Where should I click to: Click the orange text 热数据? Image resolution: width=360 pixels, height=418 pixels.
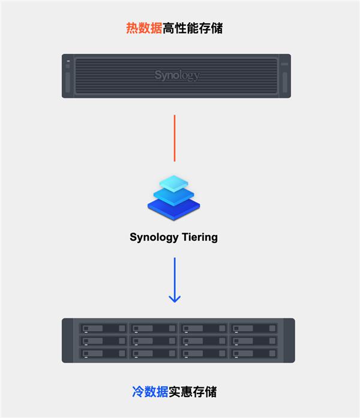coord(144,28)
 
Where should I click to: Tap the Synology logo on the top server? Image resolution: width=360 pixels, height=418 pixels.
coord(176,76)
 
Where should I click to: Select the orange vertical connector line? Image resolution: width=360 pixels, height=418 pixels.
coord(175,138)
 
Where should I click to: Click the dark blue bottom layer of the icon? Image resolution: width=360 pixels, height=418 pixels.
coord(173,208)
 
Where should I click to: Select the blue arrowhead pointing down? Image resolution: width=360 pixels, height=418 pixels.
coord(175,298)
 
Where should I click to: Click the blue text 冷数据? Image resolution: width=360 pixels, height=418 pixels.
coord(150,392)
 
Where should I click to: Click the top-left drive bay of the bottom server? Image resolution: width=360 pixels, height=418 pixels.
coord(103,329)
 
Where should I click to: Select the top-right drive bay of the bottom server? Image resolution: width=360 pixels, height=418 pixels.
coord(254,329)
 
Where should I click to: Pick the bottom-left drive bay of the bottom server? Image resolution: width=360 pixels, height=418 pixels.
coord(103,353)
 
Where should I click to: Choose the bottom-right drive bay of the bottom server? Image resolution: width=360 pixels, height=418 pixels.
coord(254,353)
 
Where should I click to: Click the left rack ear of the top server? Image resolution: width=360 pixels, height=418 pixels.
coord(67,77)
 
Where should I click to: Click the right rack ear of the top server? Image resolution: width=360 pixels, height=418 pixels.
coord(284,77)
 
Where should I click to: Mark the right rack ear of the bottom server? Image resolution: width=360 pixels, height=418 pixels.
coord(288,340)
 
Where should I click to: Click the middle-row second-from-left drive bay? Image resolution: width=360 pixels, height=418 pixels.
coord(154,341)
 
